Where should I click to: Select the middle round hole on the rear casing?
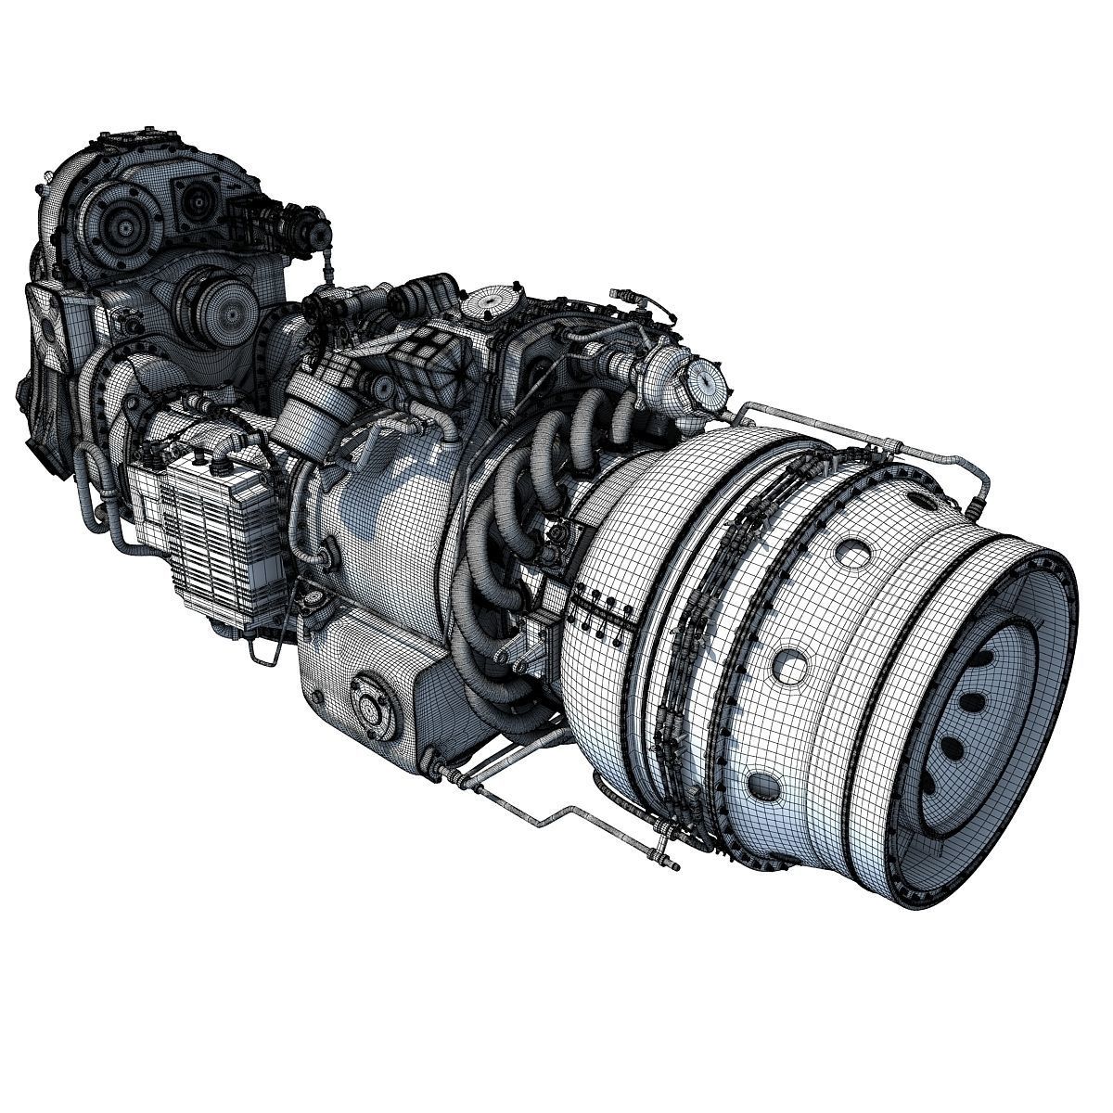point(791,664)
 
